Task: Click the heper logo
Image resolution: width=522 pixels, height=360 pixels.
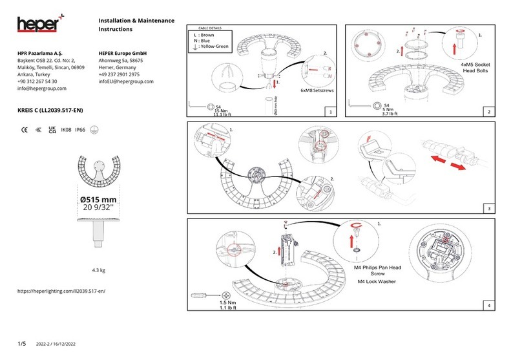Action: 39,25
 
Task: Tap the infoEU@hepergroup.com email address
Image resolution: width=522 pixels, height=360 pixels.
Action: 126,81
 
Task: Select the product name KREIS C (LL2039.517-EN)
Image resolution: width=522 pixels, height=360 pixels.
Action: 49,111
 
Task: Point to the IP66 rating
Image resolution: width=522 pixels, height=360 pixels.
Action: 81,130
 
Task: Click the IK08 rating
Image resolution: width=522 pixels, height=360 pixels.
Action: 66,130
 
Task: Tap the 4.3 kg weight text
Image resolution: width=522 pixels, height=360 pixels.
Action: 99,270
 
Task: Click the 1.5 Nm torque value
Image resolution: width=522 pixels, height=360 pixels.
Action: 228,302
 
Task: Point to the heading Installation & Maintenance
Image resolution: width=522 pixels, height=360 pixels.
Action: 136,22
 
